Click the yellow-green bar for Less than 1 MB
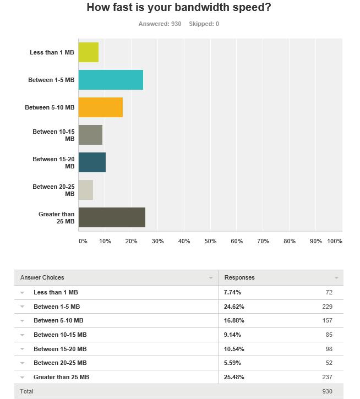tap(89, 52)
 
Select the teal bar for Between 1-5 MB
tap(111, 80)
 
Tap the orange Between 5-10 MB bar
tap(101, 107)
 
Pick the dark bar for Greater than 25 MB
tap(112, 217)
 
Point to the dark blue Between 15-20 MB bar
tap(92, 162)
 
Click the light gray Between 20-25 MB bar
tap(86, 189)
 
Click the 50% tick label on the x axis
tap(210, 241)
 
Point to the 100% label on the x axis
tap(335, 241)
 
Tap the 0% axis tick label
tap(83, 241)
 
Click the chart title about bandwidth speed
tap(179, 7)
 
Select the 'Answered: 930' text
tap(160, 24)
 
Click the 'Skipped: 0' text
tap(204, 24)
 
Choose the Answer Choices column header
tap(42, 277)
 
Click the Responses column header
tap(239, 277)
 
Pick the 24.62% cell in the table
tap(234, 307)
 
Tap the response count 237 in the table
tap(327, 377)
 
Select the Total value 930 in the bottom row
tap(327, 391)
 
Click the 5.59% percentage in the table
tap(232, 363)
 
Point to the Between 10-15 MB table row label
tap(60, 335)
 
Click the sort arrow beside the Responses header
tap(336, 277)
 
